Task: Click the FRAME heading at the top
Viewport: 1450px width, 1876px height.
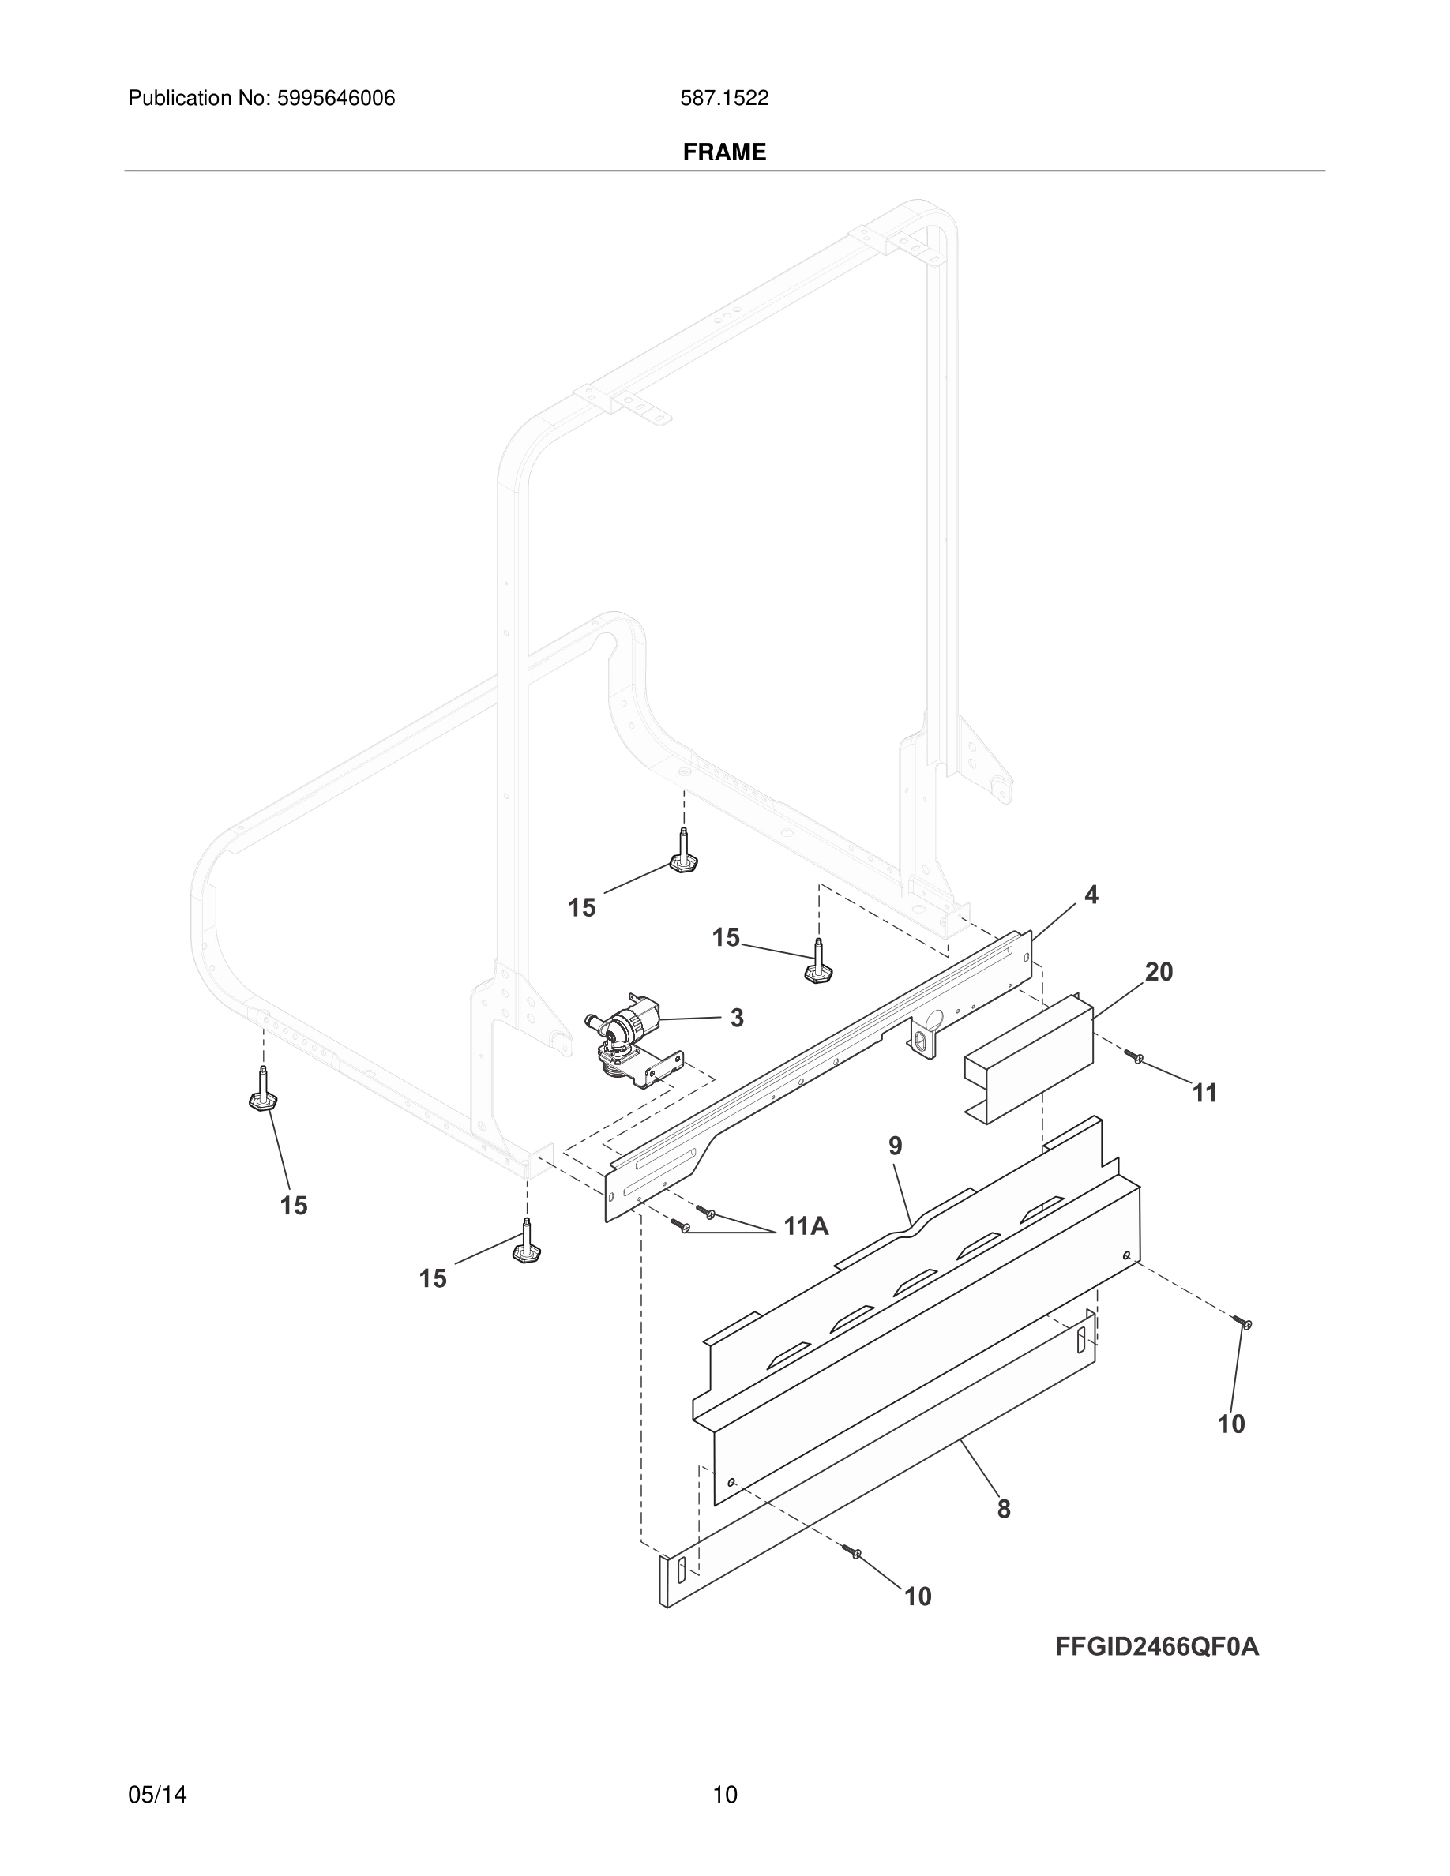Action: coord(724,152)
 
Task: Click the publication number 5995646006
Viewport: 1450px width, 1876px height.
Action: coord(335,99)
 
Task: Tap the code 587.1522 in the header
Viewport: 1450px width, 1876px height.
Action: coord(724,99)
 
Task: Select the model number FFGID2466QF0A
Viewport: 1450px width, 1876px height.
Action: coord(1157,1647)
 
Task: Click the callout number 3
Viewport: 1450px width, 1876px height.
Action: coord(737,1018)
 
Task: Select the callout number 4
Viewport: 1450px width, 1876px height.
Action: coord(1091,895)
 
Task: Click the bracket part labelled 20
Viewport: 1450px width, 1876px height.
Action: coord(1028,1059)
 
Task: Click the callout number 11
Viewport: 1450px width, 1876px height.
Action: coord(1205,1093)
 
